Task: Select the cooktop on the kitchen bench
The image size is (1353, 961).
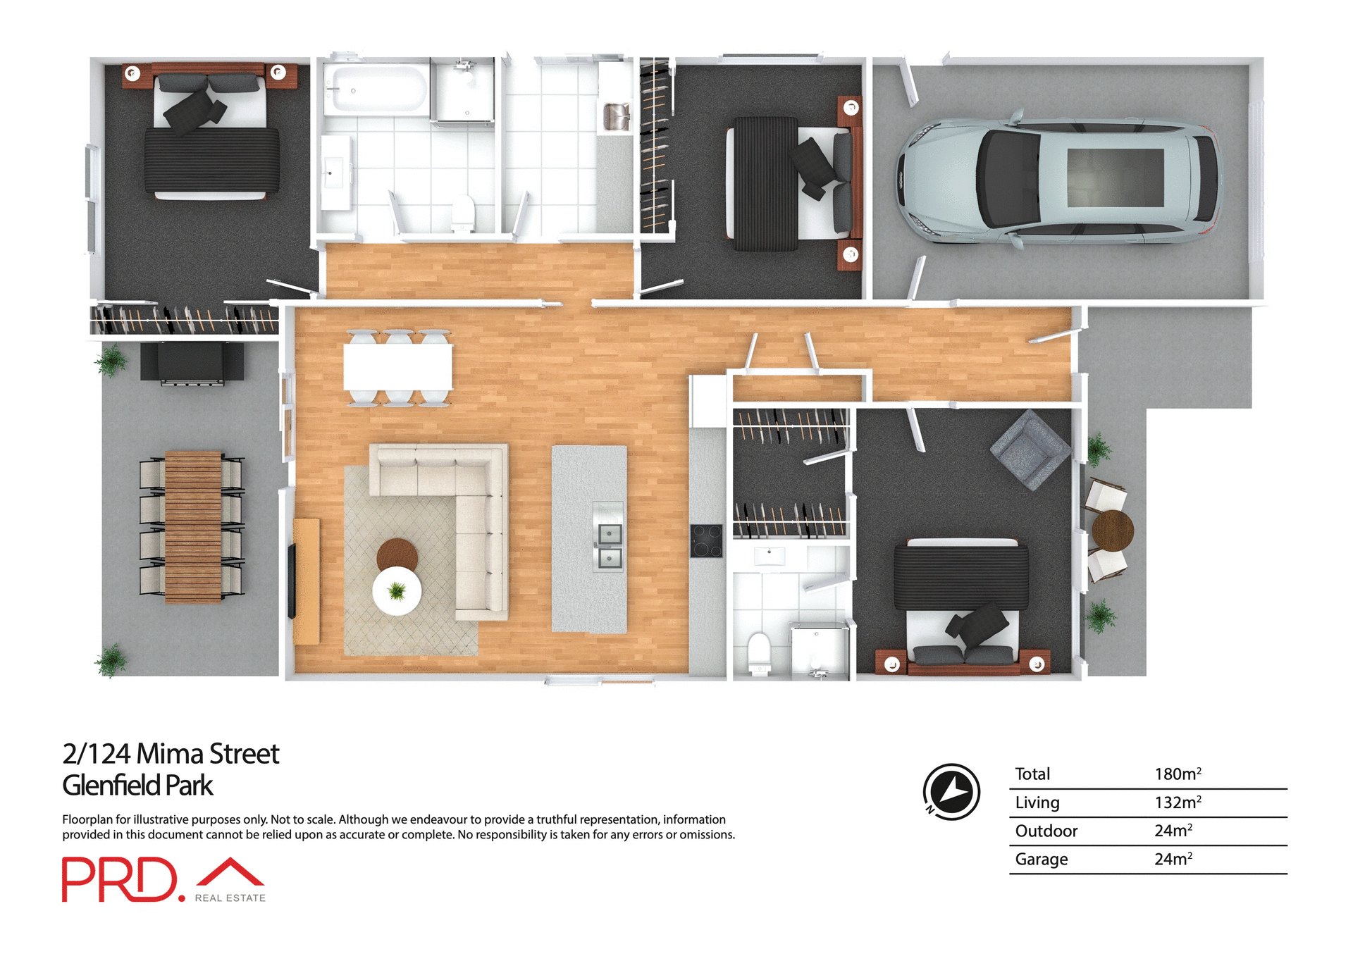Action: pyautogui.click(x=706, y=541)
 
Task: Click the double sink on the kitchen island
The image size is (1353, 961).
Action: pyautogui.click(x=608, y=545)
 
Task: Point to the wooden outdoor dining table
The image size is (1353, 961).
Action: pyautogui.click(x=192, y=527)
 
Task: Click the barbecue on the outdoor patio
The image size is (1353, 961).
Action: pyautogui.click(x=192, y=362)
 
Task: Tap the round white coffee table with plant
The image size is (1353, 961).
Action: pyautogui.click(x=397, y=590)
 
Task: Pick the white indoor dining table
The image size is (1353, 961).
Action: pyautogui.click(x=397, y=367)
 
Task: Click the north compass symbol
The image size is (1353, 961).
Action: pyautogui.click(x=951, y=791)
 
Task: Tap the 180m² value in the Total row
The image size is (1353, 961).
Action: pyautogui.click(x=1177, y=774)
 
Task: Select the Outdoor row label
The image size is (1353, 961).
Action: pyautogui.click(x=1046, y=831)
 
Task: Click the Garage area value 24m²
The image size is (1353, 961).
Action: pyautogui.click(x=1173, y=859)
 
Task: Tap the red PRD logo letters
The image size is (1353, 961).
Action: pyautogui.click(x=120, y=879)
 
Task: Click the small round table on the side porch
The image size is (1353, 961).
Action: pyautogui.click(x=1112, y=530)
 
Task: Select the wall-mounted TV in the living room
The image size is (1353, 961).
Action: pyautogui.click(x=292, y=581)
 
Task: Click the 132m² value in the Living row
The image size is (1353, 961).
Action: pyautogui.click(x=1177, y=802)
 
